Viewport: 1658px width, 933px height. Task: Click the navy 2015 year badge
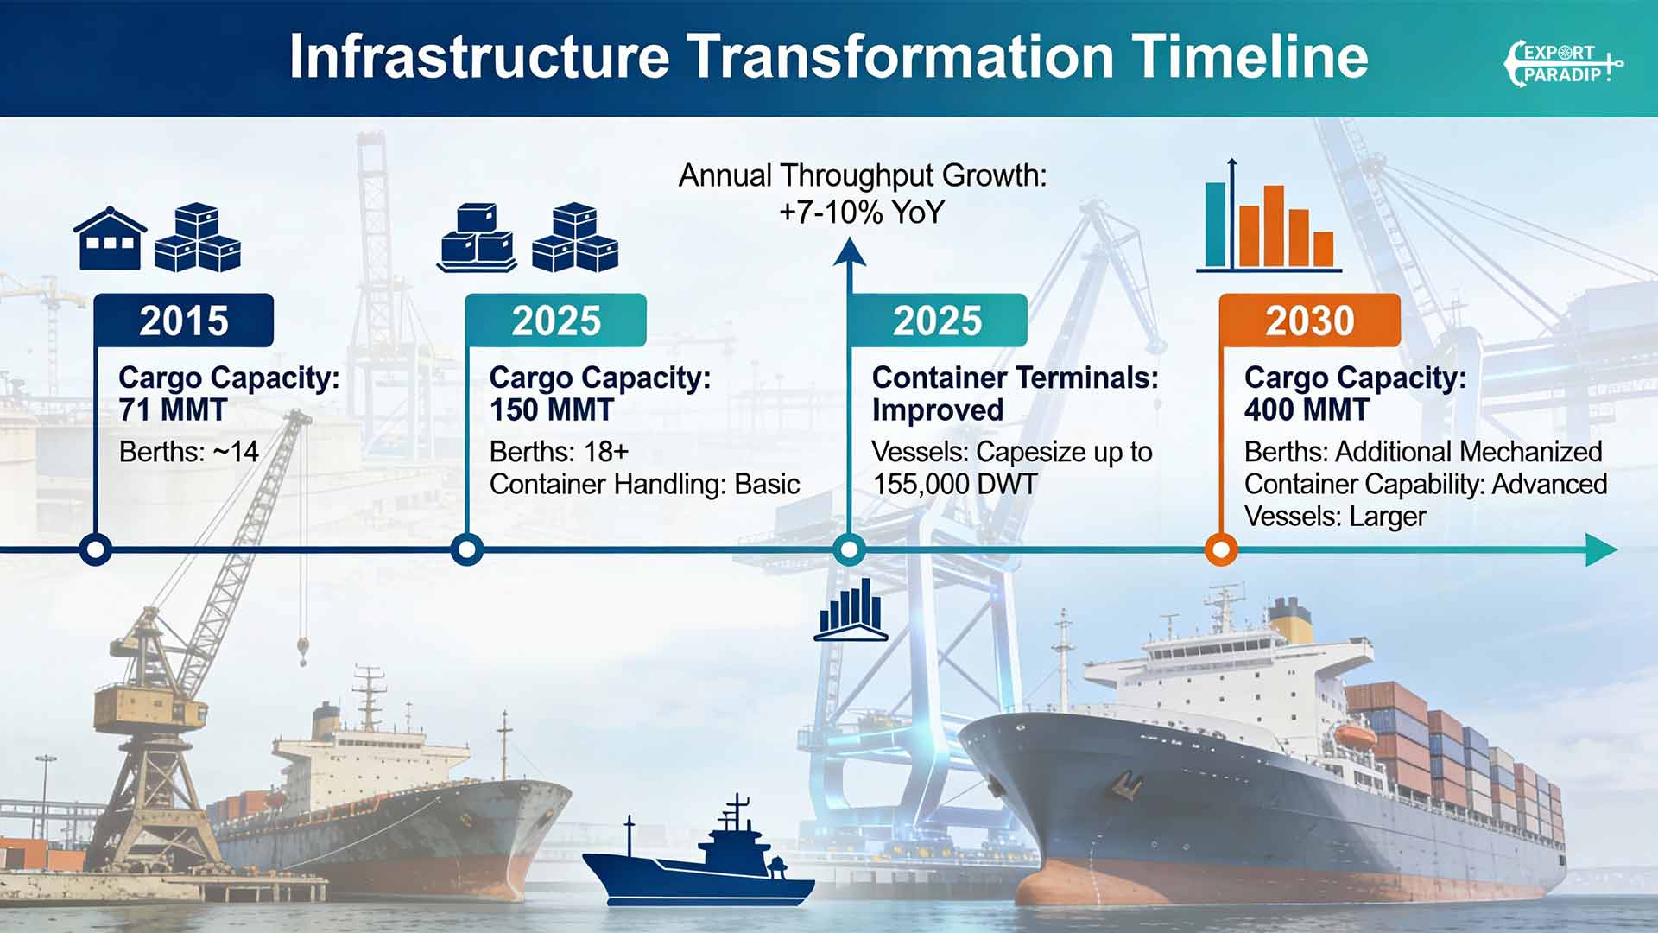pos(184,321)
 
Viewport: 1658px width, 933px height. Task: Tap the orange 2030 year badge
pos(1310,321)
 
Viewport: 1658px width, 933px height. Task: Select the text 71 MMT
pos(173,410)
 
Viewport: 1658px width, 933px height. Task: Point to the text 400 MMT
pos(1307,410)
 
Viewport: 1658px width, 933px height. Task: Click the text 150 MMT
pos(552,410)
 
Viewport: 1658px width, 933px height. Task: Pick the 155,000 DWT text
pos(954,485)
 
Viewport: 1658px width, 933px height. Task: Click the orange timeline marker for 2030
pos(1221,549)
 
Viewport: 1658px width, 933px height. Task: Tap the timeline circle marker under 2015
pos(96,549)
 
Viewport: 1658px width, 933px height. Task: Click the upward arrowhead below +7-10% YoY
pos(850,252)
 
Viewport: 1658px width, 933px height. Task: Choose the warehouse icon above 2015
pos(110,238)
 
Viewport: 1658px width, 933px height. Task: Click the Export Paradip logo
pos(1563,64)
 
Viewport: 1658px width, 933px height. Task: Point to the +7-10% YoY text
pos(862,213)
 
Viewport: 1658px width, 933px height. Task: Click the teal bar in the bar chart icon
pos(1216,225)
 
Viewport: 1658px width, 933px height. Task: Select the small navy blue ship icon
pos(698,855)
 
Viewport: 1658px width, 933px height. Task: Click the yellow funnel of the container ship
pos(1290,620)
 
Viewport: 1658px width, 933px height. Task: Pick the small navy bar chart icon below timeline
pos(851,610)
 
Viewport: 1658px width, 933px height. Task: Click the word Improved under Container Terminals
pos(938,410)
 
